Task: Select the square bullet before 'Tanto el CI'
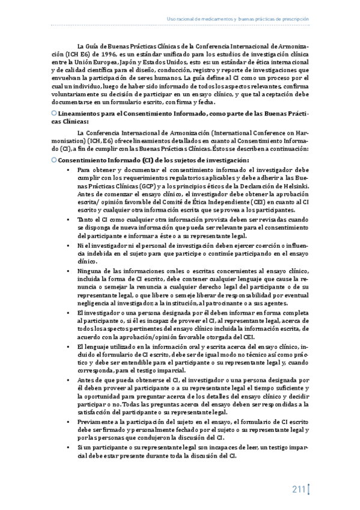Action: (x=70, y=220)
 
